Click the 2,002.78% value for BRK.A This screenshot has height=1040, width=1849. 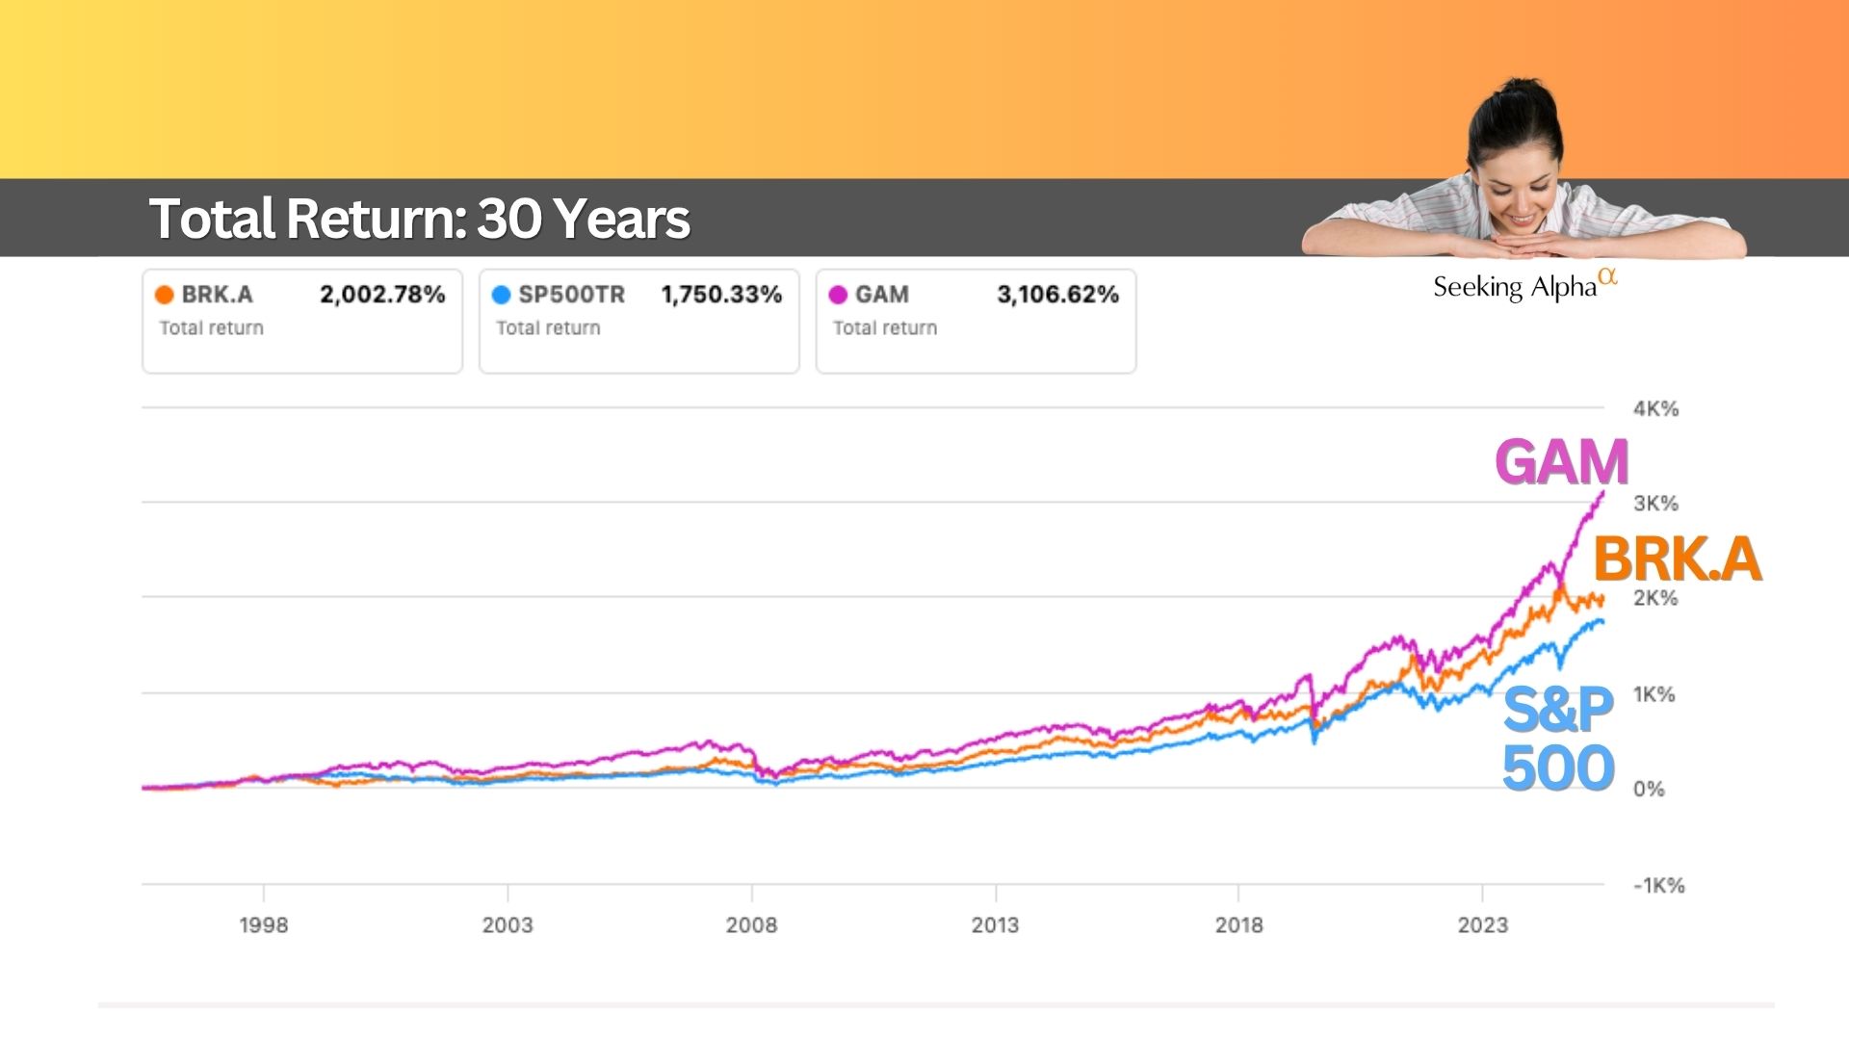(x=382, y=295)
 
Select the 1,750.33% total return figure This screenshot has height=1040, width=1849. (x=721, y=295)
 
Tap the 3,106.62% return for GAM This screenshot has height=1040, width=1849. (x=1057, y=295)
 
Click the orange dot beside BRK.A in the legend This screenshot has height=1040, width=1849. (x=165, y=295)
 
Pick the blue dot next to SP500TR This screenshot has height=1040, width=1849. (x=501, y=295)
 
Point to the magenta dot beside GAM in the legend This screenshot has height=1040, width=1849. (x=838, y=295)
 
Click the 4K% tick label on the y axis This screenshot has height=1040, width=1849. (x=1655, y=408)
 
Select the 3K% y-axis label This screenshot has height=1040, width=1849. (x=1655, y=503)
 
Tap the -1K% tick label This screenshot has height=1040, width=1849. (x=1658, y=886)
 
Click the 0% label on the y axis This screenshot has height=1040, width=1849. (x=1649, y=790)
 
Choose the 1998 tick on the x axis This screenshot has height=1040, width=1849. (x=264, y=925)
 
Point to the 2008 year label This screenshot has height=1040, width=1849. (x=751, y=925)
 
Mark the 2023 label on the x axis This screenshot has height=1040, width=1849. (x=1482, y=925)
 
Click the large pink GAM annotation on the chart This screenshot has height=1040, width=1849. (x=1561, y=462)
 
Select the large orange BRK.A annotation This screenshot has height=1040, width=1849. (x=1677, y=559)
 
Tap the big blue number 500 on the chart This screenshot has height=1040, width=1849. (x=1558, y=768)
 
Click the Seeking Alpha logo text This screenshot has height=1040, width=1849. (x=1515, y=287)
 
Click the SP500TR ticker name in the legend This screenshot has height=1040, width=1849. (x=571, y=295)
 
